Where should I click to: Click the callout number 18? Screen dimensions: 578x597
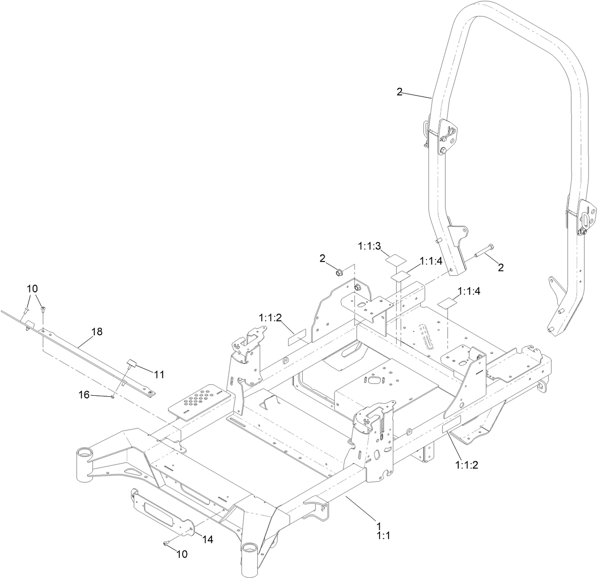point(97,332)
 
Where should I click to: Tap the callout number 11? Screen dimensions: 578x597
point(159,374)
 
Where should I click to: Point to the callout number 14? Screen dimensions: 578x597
point(207,539)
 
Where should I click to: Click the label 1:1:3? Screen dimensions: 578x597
point(369,245)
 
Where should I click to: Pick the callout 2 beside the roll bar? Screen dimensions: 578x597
point(400,93)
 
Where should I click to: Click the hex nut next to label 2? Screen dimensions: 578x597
point(339,272)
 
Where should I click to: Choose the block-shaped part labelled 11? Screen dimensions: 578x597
point(131,364)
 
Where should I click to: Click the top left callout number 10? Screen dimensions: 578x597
point(32,288)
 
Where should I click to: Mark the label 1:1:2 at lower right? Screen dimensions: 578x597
point(466,465)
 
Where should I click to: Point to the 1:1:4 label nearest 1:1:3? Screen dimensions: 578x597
point(430,261)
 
